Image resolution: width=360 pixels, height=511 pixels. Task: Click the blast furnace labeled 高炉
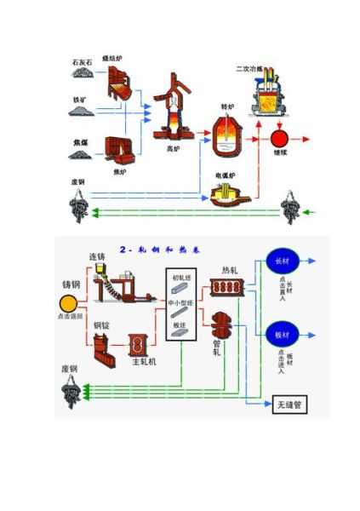tap(173, 111)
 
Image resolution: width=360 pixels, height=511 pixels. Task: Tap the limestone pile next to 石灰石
tap(83, 75)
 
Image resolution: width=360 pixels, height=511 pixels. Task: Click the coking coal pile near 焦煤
tap(83, 153)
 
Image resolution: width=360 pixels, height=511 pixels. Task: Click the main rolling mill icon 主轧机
tap(138, 345)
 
